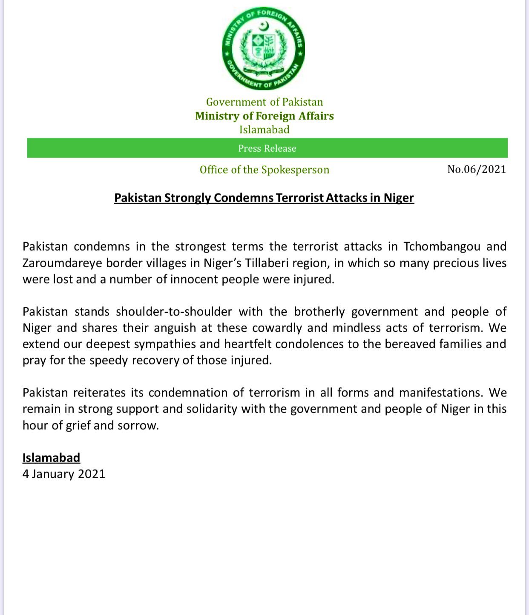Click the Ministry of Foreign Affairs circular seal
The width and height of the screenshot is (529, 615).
[263, 48]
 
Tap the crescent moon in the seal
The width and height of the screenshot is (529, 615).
[264, 27]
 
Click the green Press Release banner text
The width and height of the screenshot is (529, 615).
[267, 148]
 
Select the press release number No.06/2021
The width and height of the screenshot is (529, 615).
[476, 169]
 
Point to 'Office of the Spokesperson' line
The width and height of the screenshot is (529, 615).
[264, 170]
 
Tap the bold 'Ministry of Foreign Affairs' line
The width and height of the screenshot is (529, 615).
[264, 116]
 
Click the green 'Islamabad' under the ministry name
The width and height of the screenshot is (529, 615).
[264, 130]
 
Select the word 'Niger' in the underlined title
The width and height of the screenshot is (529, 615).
[398, 198]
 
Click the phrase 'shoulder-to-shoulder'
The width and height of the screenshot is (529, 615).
[174, 312]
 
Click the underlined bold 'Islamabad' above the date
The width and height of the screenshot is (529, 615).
[51, 458]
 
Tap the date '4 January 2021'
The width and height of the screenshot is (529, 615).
[64, 474]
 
